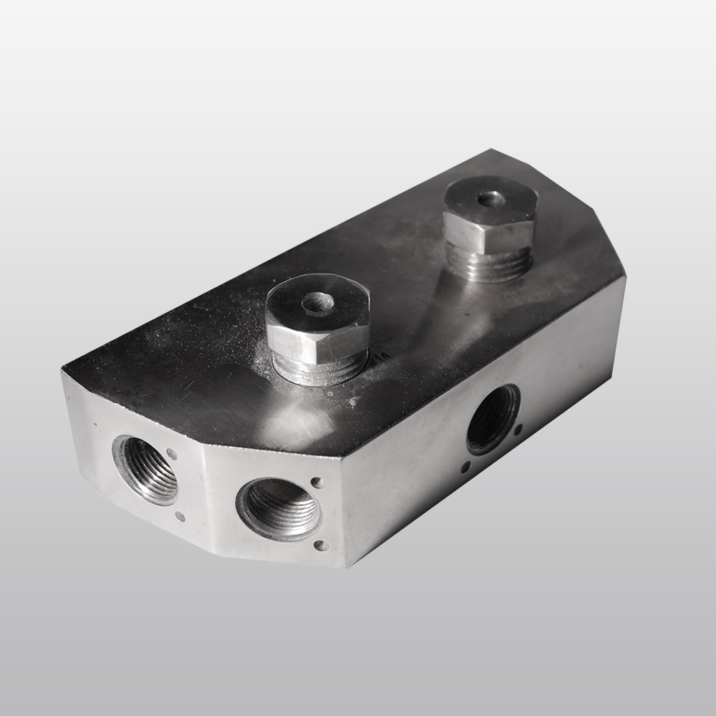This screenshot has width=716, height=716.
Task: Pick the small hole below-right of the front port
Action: [x=320, y=546]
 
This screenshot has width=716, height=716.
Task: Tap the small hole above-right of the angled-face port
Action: [x=171, y=453]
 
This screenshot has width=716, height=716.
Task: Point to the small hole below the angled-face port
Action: [x=180, y=516]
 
